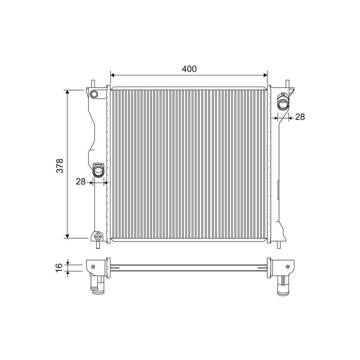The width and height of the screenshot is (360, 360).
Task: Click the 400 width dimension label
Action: click(x=189, y=69)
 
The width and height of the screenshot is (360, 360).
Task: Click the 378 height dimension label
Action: click(x=60, y=166)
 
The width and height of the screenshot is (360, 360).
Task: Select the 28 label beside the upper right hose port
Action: click(x=300, y=117)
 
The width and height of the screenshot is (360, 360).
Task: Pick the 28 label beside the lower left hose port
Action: click(x=81, y=181)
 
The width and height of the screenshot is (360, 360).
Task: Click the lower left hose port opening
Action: click(x=99, y=171)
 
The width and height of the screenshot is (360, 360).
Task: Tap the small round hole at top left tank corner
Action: click(x=94, y=94)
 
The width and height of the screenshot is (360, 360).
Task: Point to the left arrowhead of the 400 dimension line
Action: click(x=112, y=75)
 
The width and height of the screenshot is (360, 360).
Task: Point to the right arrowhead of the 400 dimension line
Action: click(x=265, y=75)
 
